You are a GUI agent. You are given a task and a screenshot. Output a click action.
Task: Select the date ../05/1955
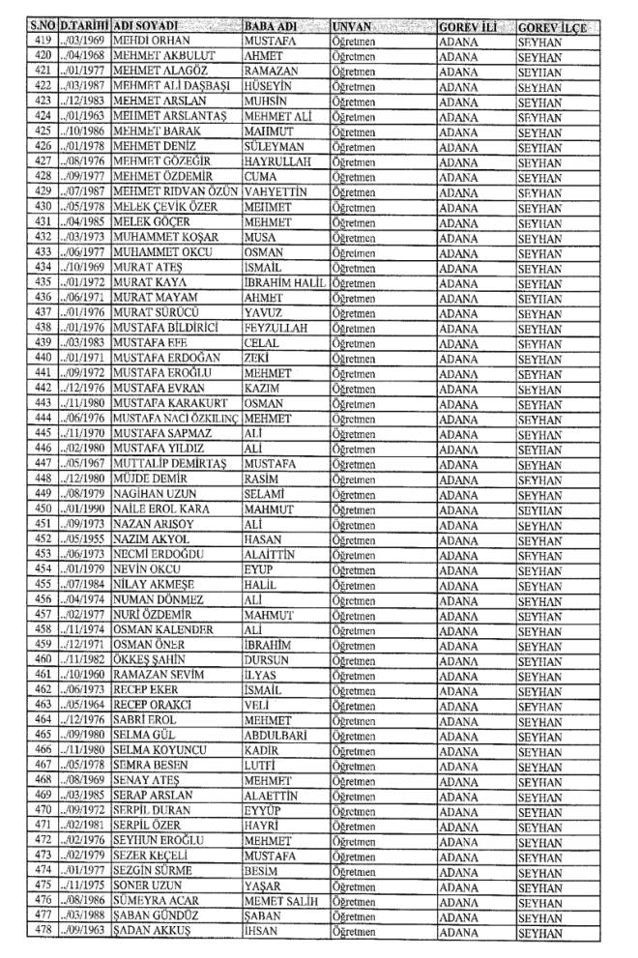point(83,540)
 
